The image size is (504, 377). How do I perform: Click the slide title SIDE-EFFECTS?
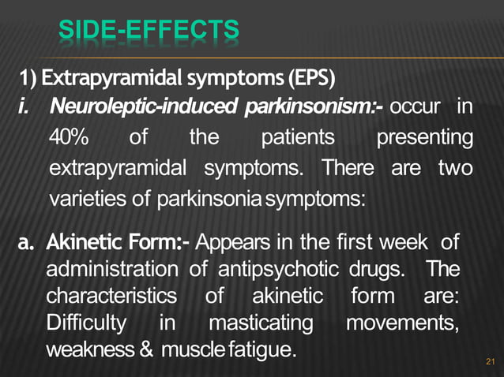coord(149,32)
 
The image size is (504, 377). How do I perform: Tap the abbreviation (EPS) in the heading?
coord(312,79)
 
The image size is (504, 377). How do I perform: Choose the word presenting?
coord(425,138)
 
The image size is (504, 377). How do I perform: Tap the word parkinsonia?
coord(197,198)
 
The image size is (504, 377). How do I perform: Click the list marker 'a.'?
coord(29,241)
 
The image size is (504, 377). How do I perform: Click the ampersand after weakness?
coord(146,351)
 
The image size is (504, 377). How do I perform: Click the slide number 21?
coord(487,363)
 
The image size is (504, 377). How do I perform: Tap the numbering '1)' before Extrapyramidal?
coord(28,79)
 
